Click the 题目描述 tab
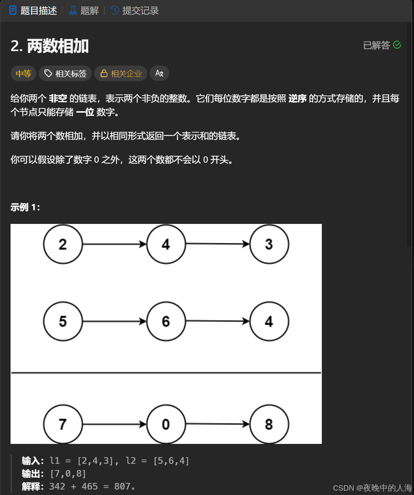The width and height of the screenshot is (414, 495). point(33,11)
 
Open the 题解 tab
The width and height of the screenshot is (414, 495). point(84,11)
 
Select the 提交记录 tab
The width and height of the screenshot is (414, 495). point(135,11)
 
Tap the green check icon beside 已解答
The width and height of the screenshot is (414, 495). point(397,45)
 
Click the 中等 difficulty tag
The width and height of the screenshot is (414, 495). point(23,73)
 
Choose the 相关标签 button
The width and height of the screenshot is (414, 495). point(65,73)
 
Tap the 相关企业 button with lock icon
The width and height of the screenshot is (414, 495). point(121,73)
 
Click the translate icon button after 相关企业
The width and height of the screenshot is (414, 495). point(159,73)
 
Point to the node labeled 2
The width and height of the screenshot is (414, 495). point(63,244)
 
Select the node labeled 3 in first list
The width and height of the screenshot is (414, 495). point(269,244)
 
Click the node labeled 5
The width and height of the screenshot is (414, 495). point(63,321)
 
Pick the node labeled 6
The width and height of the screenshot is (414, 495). point(166,321)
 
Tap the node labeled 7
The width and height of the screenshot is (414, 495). point(63,424)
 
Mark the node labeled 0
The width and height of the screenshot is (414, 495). point(166,424)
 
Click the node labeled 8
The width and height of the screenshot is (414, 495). point(269,424)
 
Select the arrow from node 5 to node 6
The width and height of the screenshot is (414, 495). point(114,321)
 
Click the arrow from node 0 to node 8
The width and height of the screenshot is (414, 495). point(218,424)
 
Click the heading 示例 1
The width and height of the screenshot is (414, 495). point(25,207)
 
